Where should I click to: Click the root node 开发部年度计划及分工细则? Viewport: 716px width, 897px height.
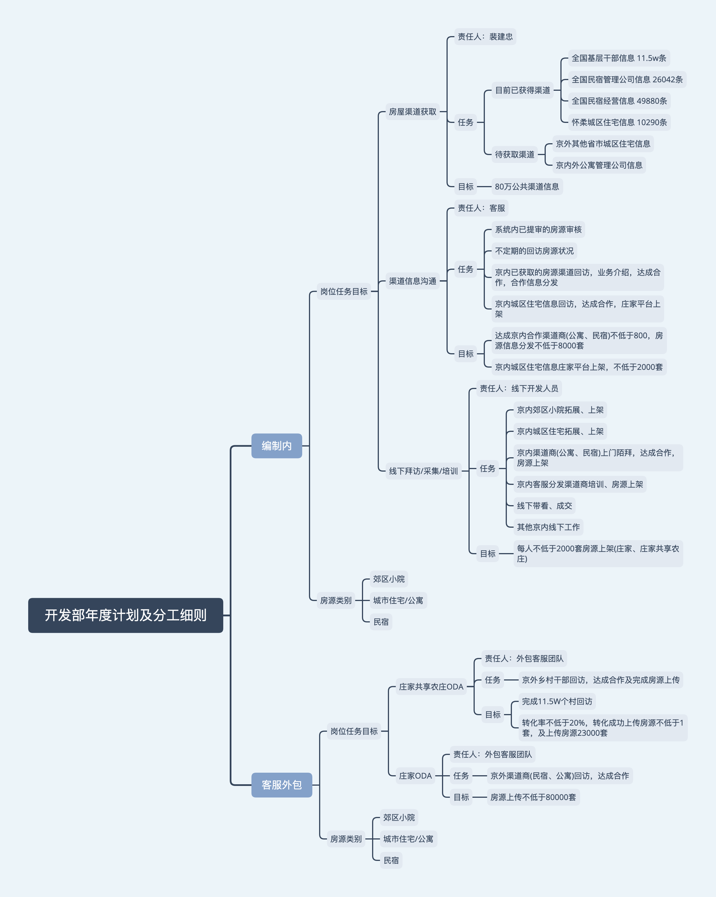(x=126, y=615)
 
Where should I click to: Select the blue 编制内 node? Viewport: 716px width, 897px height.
(x=277, y=446)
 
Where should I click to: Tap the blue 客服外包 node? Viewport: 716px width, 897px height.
(x=282, y=785)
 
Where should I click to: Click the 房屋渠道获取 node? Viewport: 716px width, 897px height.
(x=412, y=112)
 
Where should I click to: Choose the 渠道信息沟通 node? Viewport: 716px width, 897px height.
(x=412, y=281)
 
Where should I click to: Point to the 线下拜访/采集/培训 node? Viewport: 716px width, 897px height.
(x=423, y=471)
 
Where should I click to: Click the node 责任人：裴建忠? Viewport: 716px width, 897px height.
(x=485, y=37)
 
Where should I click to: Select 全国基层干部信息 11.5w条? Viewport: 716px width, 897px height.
(x=619, y=58)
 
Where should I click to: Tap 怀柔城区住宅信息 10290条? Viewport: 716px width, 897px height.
(x=619, y=122)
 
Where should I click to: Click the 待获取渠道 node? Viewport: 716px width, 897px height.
(x=515, y=154)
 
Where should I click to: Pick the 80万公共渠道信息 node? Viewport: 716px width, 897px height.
(x=527, y=186)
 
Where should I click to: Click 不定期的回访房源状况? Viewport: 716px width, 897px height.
(x=534, y=251)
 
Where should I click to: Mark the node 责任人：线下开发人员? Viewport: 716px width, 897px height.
(x=519, y=388)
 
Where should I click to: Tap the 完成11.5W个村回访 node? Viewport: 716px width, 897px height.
(x=557, y=701)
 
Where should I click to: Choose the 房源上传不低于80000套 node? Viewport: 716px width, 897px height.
(x=533, y=797)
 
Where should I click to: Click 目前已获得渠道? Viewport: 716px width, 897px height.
(x=523, y=90)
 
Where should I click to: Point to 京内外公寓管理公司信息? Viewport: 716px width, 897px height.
(x=599, y=165)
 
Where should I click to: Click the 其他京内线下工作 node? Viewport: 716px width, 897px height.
(x=548, y=527)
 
